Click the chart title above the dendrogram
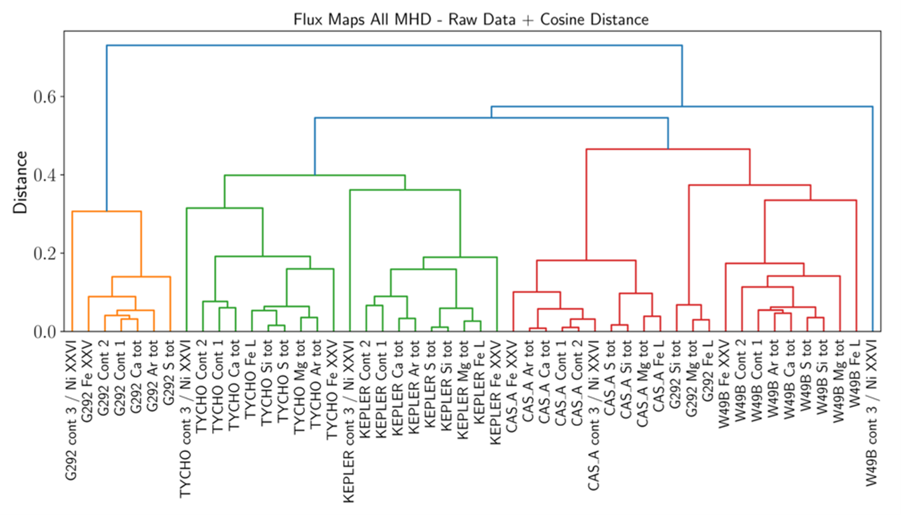coord(471,20)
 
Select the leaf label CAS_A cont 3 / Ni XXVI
coord(593,412)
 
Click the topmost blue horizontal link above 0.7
coord(394,45)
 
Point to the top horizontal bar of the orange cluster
coord(106,211)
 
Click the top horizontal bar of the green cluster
coord(314,175)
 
